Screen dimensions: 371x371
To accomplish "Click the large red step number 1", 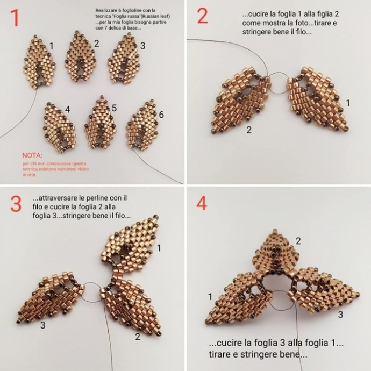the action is pyautogui.click(x=15, y=18).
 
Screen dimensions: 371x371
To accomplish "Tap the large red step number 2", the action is pyautogui.click(x=203, y=16).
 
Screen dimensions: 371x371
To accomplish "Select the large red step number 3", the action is pyautogui.click(x=16, y=204).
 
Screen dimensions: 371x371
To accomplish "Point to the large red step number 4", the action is pyautogui.click(x=202, y=203).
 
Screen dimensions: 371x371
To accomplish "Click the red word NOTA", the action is pyautogui.click(x=32, y=155).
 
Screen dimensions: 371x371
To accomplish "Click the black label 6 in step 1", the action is pyautogui.click(x=161, y=115).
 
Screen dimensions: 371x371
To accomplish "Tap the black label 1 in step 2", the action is pyautogui.click(x=348, y=103).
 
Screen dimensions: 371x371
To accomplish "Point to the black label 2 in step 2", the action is pyautogui.click(x=248, y=130).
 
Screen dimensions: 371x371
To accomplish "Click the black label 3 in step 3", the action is pyautogui.click(x=42, y=325).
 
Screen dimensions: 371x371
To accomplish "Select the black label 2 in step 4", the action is pyautogui.click(x=298, y=241).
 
